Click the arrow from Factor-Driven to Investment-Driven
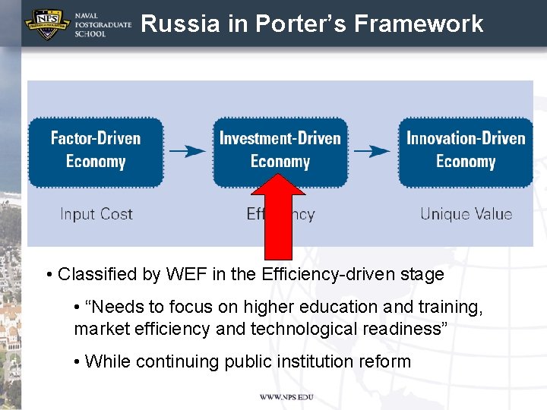[x=188, y=150]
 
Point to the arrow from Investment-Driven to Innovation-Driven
[x=372, y=150]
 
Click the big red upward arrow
[x=280, y=220]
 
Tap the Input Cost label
[x=96, y=214]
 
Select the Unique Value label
[x=466, y=214]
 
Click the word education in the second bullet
[x=311, y=307]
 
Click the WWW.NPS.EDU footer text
[x=286, y=397]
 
